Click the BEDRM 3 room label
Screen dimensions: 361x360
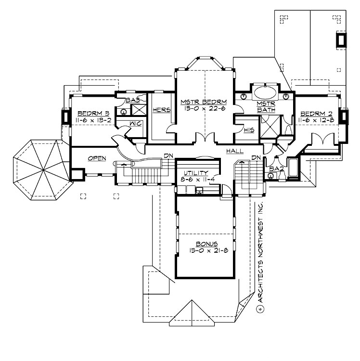[94, 114]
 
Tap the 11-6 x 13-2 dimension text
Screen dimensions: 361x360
[94, 120]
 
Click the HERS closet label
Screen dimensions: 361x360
[162, 110]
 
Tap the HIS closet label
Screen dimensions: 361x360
[249, 130]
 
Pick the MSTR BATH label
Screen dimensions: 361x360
[265, 107]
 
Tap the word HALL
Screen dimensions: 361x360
[235, 151]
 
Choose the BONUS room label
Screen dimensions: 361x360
[206, 244]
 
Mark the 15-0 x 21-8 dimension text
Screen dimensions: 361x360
[206, 251]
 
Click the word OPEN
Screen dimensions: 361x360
[96, 158]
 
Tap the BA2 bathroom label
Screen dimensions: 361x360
[275, 169]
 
